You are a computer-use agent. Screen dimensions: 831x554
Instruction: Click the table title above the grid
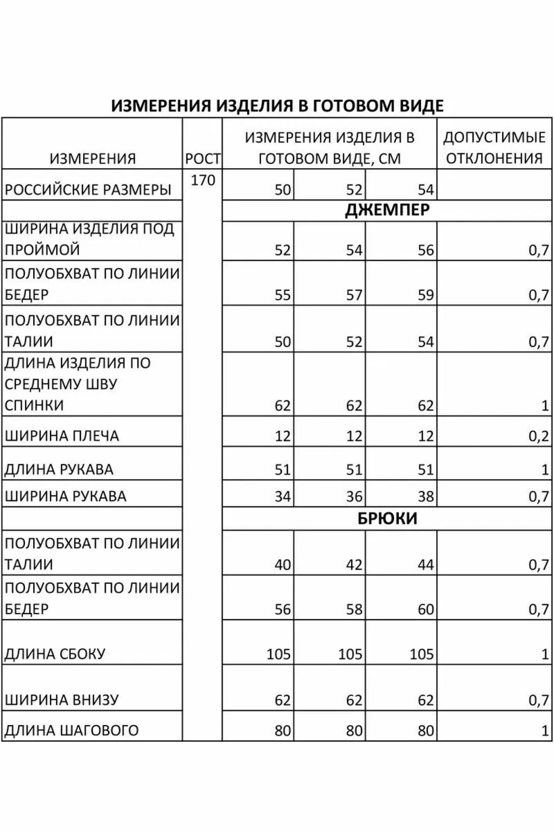(277, 106)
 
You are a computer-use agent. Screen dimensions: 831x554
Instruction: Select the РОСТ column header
(203, 158)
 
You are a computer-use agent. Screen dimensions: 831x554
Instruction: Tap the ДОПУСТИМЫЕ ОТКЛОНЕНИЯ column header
(494, 148)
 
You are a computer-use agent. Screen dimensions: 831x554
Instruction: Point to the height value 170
(203, 180)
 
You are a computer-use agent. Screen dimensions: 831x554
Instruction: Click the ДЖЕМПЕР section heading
(387, 210)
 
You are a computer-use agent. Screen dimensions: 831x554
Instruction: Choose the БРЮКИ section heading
(387, 519)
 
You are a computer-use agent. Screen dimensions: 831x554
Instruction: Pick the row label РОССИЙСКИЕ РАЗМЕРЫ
(88, 189)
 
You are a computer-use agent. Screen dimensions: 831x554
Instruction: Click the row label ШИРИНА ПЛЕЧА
(62, 436)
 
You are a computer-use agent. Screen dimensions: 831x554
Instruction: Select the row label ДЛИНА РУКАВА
(59, 470)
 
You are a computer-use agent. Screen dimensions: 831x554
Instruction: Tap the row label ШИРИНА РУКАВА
(66, 496)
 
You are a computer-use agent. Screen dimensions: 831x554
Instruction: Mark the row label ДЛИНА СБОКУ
(55, 654)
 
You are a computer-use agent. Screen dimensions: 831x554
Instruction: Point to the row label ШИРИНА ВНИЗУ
(62, 700)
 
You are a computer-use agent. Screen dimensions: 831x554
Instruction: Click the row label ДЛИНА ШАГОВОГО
(71, 730)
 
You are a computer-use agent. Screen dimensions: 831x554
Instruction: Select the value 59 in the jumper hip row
(426, 295)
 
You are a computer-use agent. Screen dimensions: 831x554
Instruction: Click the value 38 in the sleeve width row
(426, 497)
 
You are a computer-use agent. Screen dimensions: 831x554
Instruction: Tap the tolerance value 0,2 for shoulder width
(539, 436)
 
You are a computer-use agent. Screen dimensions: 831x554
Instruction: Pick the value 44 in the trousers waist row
(426, 565)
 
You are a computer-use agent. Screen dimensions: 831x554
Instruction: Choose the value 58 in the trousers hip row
(354, 610)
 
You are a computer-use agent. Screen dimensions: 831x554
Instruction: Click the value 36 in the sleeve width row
(354, 497)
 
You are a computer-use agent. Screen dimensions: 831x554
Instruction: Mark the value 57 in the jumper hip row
(354, 295)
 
